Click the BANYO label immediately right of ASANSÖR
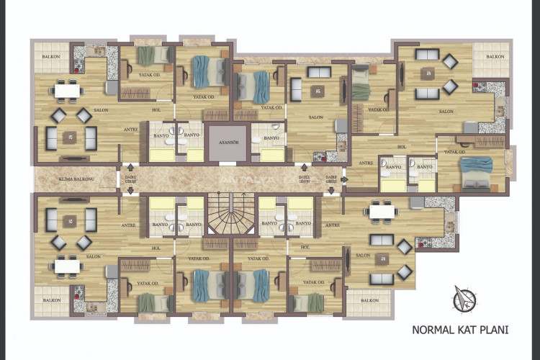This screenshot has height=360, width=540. pyautogui.click(x=271, y=138)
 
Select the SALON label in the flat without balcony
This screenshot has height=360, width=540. pyautogui.click(x=315, y=117)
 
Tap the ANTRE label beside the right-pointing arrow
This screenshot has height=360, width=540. pyautogui.click(x=332, y=225)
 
